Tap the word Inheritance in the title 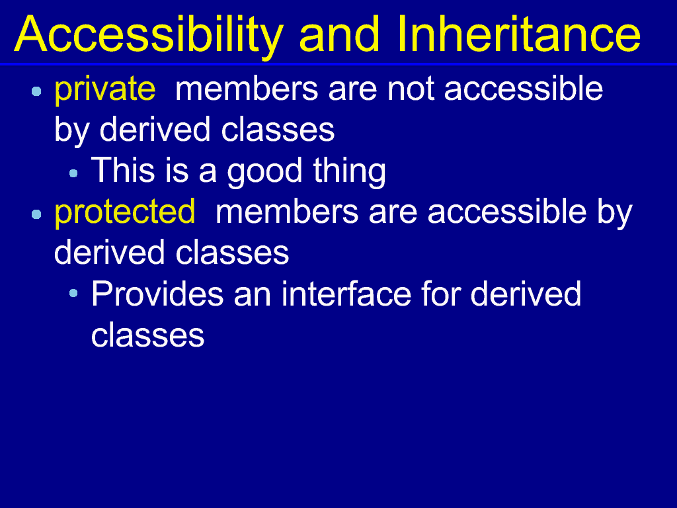tap(518, 34)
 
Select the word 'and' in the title tap(339, 34)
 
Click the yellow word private tap(105, 89)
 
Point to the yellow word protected tap(125, 212)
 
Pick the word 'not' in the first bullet tap(410, 89)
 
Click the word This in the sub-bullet tap(122, 170)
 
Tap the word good tap(264, 171)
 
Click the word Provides tap(157, 294)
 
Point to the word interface tap(346, 294)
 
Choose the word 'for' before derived tap(440, 294)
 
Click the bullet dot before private tap(37, 91)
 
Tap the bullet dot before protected tap(37, 214)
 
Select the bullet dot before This tap(73, 174)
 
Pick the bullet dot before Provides tap(73, 293)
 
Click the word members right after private tap(247, 89)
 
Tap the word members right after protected tap(287, 211)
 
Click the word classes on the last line tap(147, 335)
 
